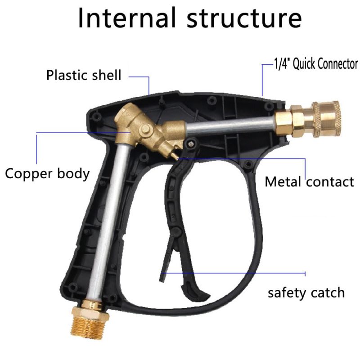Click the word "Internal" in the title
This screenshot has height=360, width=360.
pos(127,18)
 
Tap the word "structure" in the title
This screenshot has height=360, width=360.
pos(244,18)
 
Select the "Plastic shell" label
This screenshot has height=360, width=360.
pos(84,75)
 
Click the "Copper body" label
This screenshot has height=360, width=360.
pos(47,174)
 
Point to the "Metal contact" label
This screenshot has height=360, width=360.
pos(309,182)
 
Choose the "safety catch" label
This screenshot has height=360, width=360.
pos(306,293)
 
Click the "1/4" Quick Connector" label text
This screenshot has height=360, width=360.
pos(316,63)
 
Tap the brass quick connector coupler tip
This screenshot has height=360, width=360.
pos(326,119)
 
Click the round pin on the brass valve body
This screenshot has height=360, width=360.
pos(145,130)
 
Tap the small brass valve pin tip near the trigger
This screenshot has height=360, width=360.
pos(175,156)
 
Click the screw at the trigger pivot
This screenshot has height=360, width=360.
pos(190,144)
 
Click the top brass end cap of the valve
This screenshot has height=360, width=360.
pos(126,112)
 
